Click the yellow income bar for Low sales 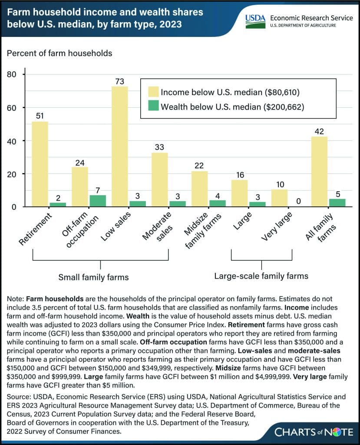click(x=120, y=146)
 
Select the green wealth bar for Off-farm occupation click(x=98, y=201)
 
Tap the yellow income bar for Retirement click(x=40, y=164)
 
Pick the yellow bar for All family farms click(x=320, y=172)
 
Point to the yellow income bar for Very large click(x=279, y=198)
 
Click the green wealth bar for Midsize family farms click(x=218, y=203)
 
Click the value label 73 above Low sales click(x=120, y=81)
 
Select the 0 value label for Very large click(x=298, y=201)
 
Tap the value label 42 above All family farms click(x=319, y=131)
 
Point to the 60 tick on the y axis click(x=12, y=108)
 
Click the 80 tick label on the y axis click(x=12, y=74)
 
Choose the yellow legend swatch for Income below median click(x=153, y=92)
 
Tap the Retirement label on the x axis click(x=35, y=229)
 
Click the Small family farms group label click(x=94, y=277)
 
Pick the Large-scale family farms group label click(x=261, y=276)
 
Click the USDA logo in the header click(x=255, y=21)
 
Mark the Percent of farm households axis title click(x=59, y=53)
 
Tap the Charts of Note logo click(x=314, y=432)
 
